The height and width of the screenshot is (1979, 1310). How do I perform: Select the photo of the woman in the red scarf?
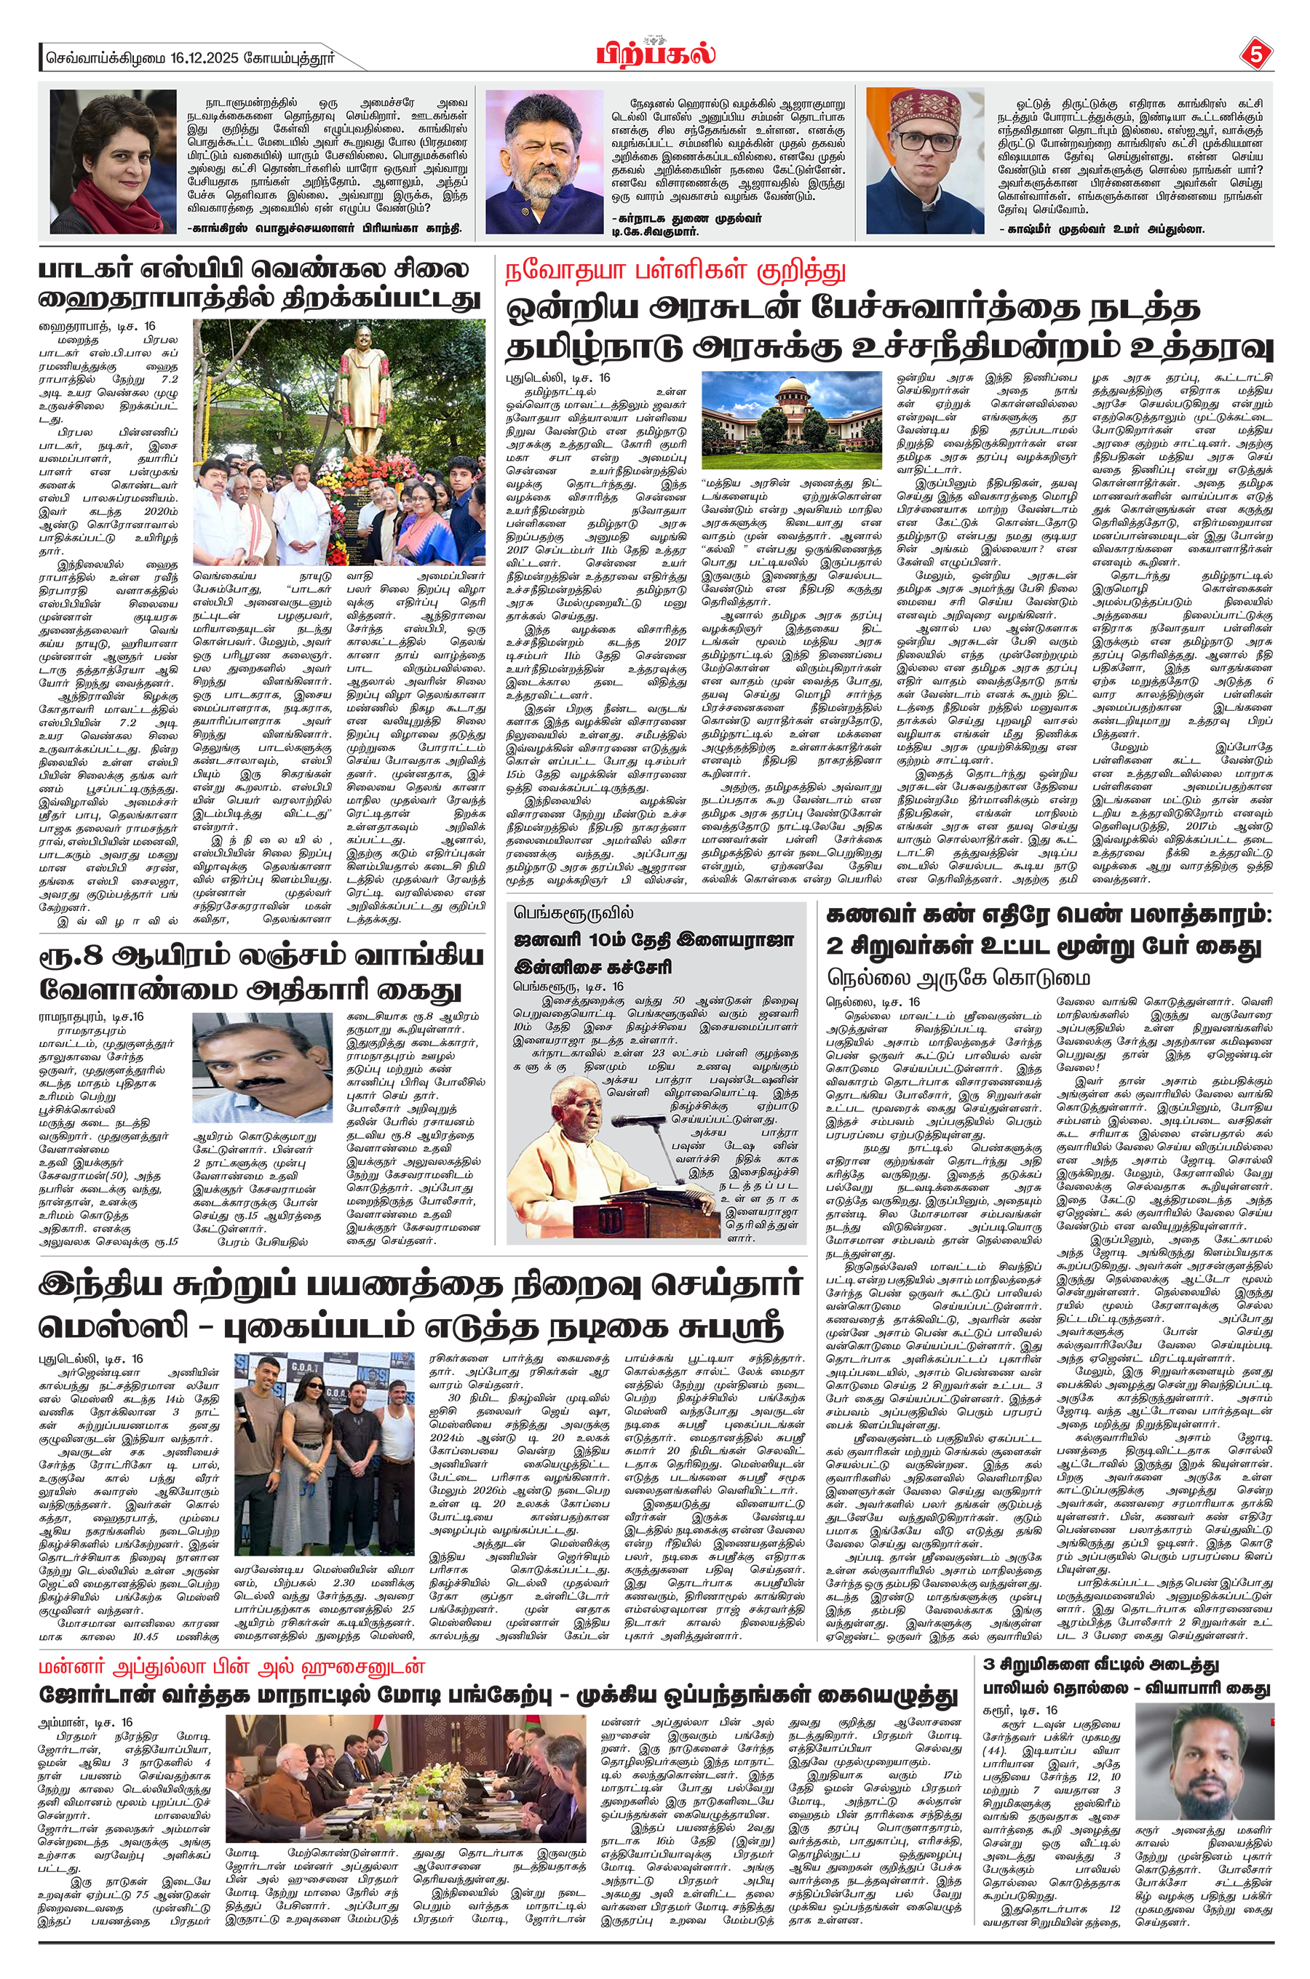tap(113, 162)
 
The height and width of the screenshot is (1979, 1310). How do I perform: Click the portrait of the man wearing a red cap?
tap(926, 162)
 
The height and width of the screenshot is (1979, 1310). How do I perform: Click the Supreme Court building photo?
tap(791, 419)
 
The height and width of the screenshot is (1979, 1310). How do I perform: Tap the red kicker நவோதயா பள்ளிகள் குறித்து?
tap(675, 271)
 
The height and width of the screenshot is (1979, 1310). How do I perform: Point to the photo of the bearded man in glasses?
tap(544, 162)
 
